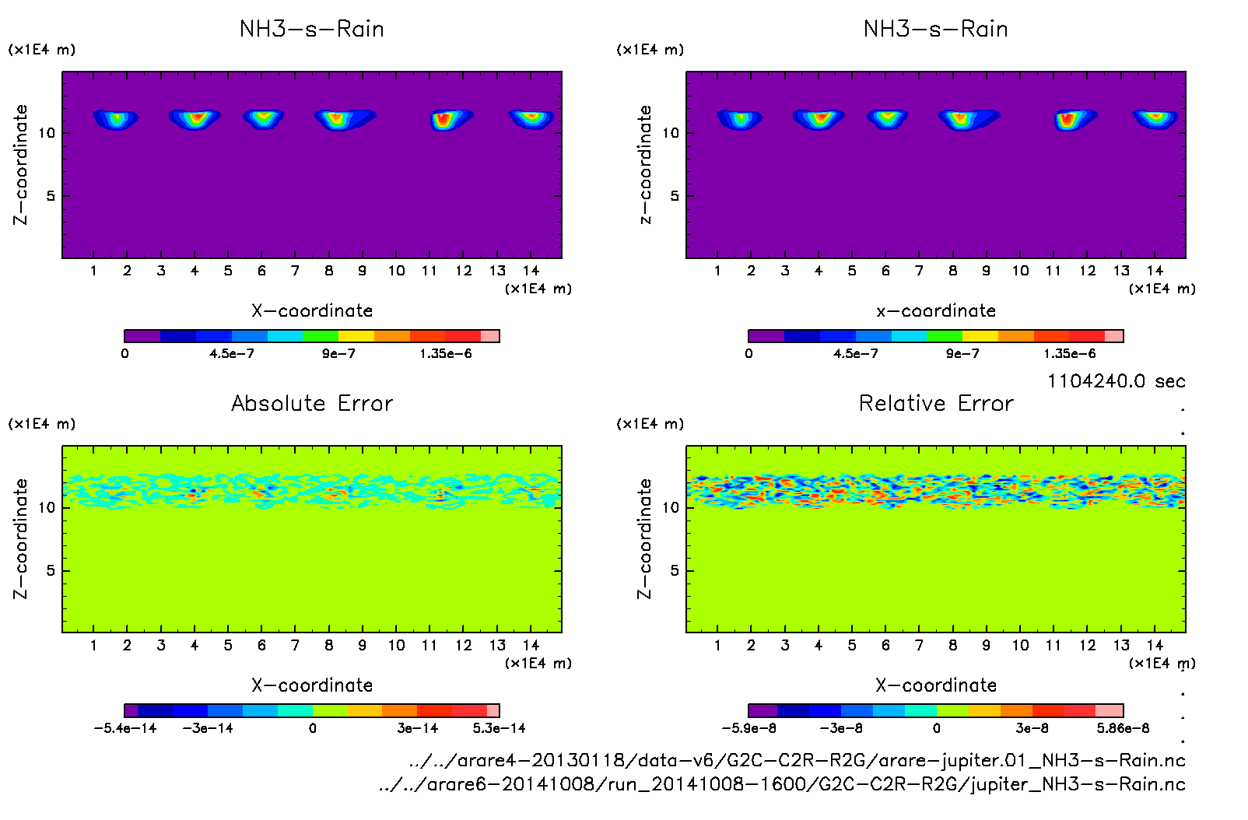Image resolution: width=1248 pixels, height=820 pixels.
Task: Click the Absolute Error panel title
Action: pyautogui.click(x=312, y=403)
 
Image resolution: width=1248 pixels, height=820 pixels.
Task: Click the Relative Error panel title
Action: pyautogui.click(x=936, y=403)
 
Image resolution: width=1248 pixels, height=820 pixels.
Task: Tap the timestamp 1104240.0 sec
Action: pyautogui.click(x=1116, y=381)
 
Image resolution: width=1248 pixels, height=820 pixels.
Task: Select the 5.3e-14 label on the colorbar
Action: pyautogui.click(x=499, y=728)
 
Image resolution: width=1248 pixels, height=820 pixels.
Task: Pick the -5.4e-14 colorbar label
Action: pyautogui.click(x=125, y=728)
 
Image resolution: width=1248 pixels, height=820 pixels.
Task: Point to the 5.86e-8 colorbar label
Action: pyautogui.click(x=1123, y=728)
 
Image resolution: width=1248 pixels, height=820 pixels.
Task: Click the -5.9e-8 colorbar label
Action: pyautogui.click(x=748, y=728)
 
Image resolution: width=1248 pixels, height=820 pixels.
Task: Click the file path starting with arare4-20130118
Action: pyautogui.click(x=797, y=760)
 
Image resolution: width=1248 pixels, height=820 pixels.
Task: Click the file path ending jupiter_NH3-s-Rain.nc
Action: pyautogui.click(x=782, y=784)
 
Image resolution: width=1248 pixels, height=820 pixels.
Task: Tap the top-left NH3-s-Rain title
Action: pyautogui.click(x=312, y=30)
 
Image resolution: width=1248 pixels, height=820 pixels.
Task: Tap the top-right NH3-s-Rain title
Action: pyautogui.click(x=936, y=30)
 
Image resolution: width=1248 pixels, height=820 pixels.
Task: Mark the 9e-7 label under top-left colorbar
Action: pyautogui.click(x=338, y=354)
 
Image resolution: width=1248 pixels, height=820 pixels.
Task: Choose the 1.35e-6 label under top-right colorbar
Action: pyautogui.click(x=1070, y=354)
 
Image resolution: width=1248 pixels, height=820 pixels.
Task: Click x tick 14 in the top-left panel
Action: pyautogui.click(x=531, y=271)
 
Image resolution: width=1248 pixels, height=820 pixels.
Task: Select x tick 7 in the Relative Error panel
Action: pyautogui.click(x=919, y=645)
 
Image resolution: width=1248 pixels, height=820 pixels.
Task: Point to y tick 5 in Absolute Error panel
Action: pyautogui.click(x=51, y=570)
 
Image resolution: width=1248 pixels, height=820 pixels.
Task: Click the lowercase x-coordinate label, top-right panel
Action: pyautogui.click(x=936, y=311)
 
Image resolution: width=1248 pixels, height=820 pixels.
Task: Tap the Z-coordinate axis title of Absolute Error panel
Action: pyautogui.click(x=20, y=538)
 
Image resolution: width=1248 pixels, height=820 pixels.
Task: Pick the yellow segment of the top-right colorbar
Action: pyautogui.click(x=980, y=336)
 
